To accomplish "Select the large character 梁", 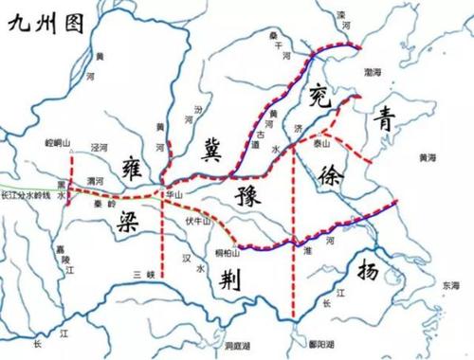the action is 133,225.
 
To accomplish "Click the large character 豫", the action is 246,198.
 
